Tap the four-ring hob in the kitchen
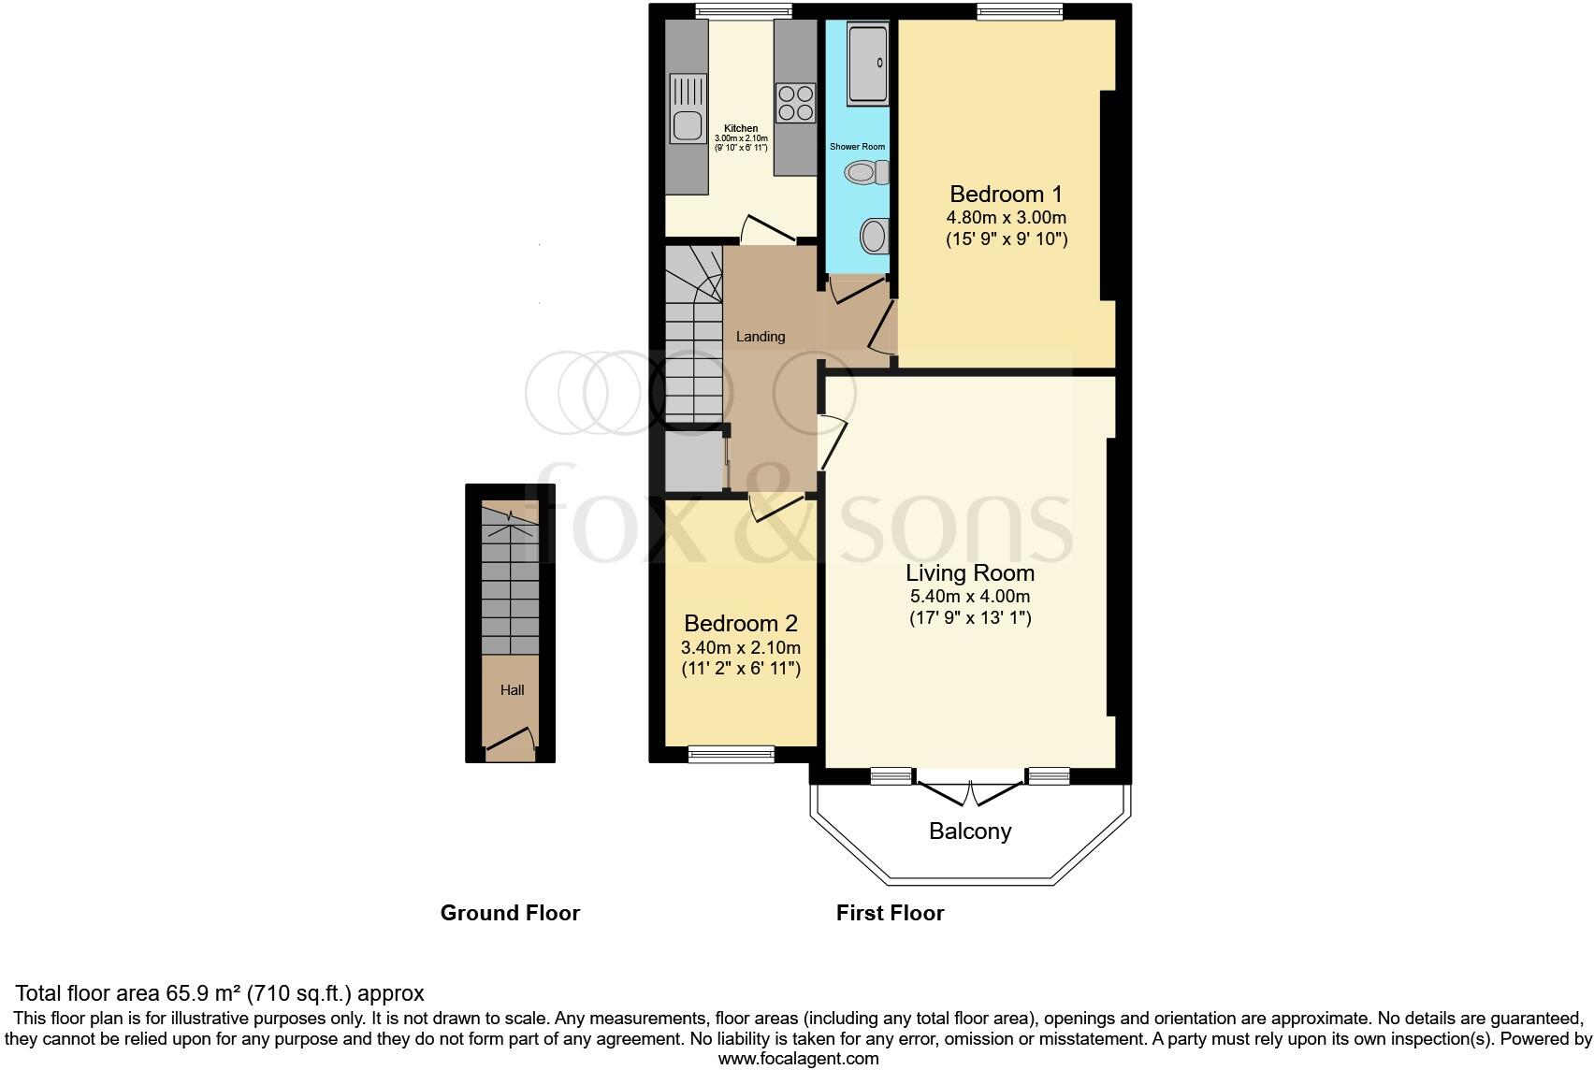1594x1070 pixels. (x=795, y=102)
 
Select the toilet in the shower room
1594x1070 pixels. (x=865, y=173)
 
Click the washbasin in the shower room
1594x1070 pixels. (x=873, y=235)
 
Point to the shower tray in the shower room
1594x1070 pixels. (x=866, y=64)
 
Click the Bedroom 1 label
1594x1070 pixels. (x=1006, y=195)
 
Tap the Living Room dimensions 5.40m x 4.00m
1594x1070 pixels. (x=970, y=597)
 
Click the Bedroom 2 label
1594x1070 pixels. (x=740, y=624)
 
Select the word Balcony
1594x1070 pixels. (x=970, y=831)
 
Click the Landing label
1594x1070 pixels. (x=760, y=337)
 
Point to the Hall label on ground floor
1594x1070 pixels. (x=512, y=690)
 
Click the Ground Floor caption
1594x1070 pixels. (x=510, y=913)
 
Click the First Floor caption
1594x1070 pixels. (x=890, y=913)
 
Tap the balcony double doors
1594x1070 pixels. (x=970, y=791)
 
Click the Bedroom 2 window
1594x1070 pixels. (x=732, y=753)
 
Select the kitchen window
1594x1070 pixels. (x=744, y=11)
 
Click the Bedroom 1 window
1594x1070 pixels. (x=1020, y=11)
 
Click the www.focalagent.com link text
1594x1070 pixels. (x=798, y=1059)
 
